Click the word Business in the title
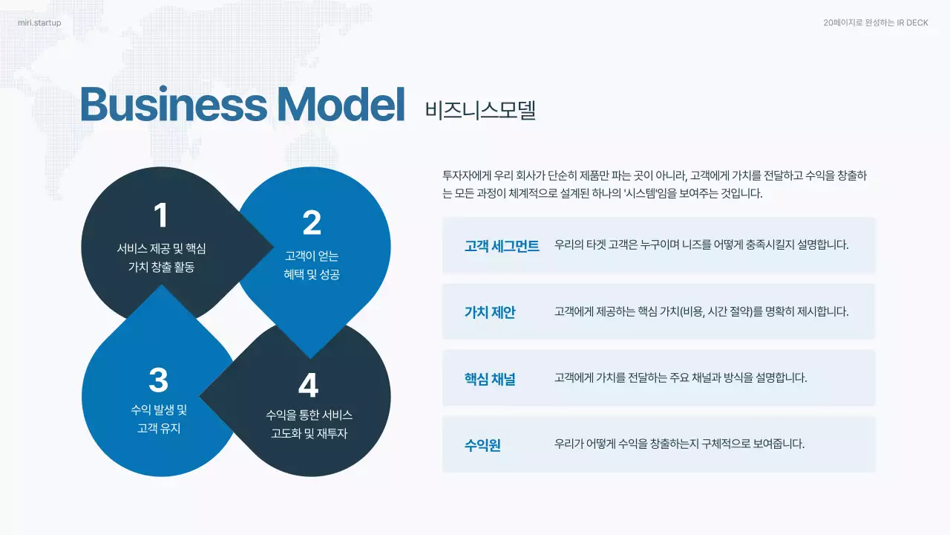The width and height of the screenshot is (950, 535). tap(172, 106)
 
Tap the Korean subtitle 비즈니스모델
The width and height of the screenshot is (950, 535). tap(480, 110)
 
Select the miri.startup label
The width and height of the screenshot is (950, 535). tap(39, 23)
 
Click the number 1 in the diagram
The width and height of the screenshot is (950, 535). tap(160, 215)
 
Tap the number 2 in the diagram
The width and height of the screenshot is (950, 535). tap(312, 224)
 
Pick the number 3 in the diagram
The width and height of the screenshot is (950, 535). tap(159, 380)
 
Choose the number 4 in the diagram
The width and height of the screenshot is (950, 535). tap(308, 386)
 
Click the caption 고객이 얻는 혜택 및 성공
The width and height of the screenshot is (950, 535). tap(312, 265)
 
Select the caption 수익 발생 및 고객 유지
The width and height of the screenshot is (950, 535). tap(159, 419)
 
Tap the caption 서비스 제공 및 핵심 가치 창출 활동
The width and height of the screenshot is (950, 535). tap(161, 258)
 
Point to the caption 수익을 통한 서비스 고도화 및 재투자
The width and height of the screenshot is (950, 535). tap(309, 424)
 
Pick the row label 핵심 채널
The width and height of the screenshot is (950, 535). tap(490, 378)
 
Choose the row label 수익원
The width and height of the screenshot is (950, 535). tap(482, 445)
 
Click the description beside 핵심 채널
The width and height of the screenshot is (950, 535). tap(680, 377)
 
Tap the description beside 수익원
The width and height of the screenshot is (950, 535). tap(679, 444)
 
